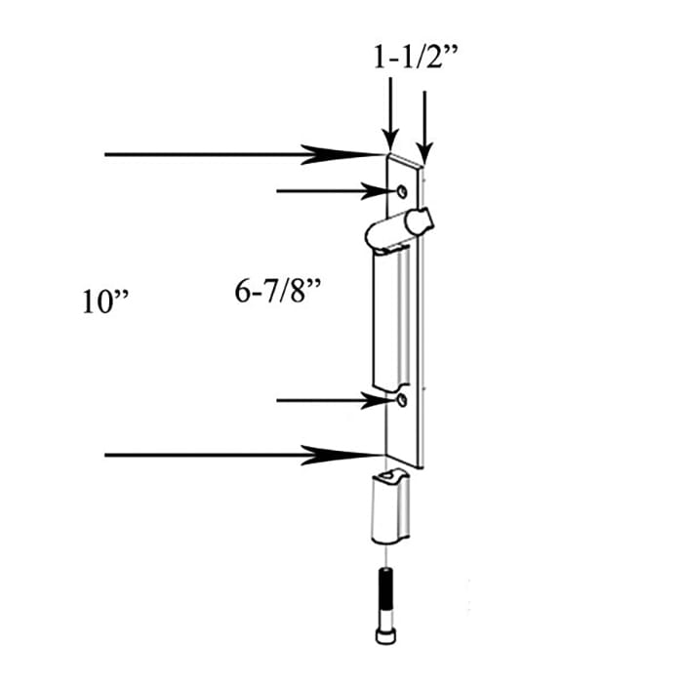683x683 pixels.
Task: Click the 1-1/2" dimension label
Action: point(416,57)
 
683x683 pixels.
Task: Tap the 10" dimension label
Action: point(105,301)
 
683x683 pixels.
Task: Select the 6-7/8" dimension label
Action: point(278,291)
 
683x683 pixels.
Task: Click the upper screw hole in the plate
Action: point(402,191)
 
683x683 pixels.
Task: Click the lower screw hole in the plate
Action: point(402,400)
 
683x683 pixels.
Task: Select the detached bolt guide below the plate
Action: point(390,506)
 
